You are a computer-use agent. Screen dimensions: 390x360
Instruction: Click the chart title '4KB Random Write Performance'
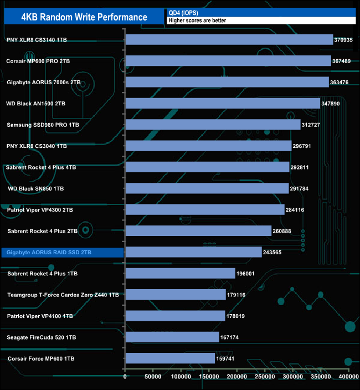pyautogui.click(x=84, y=17)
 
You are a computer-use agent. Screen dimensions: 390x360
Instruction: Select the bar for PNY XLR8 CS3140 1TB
pyautogui.click(x=229, y=39)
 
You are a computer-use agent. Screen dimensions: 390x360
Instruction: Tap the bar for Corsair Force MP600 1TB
pyautogui.click(x=170, y=358)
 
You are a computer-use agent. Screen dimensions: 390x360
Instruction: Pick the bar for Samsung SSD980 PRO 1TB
pyautogui.click(x=213, y=125)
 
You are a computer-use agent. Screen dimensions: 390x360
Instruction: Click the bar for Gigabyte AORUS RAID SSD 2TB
pyautogui.click(x=193, y=252)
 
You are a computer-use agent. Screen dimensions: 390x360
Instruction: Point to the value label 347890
pyautogui.click(x=333, y=104)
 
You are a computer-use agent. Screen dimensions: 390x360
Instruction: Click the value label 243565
pyautogui.click(x=275, y=252)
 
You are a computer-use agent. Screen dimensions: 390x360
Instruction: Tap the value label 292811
pyautogui.click(x=302, y=167)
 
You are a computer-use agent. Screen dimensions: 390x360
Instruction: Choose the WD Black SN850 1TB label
pyautogui.click(x=36, y=188)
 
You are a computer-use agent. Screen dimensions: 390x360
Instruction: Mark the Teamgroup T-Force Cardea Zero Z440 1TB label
pyautogui.click(x=63, y=295)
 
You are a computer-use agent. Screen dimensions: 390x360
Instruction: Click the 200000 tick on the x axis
pyautogui.click(x=237, y=377)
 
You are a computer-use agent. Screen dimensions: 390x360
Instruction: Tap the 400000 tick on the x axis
pyautogui.click(x=348, y=377)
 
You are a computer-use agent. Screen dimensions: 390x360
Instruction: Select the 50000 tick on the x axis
pyautogui.click(x=153, y=377)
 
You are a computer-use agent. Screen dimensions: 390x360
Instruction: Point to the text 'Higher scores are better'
pyautogui.click(x=197, y=20)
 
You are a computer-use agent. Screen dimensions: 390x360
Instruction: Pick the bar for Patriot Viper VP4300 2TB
pyautogui.click(x=205, y=209)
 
